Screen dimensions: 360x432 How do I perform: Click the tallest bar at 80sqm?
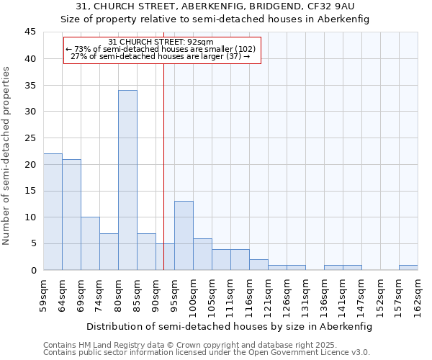click(x=127, y=180)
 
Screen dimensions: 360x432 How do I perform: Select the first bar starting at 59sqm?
click(x=53, y=212)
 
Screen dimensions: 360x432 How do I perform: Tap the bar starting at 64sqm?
click(x=71, y=215)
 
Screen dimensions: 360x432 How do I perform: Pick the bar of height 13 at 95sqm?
click(x=184, y=235)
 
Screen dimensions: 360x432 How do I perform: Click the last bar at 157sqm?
click(x=408, y=268)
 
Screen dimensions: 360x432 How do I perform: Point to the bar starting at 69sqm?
click(x=90, y=243)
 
